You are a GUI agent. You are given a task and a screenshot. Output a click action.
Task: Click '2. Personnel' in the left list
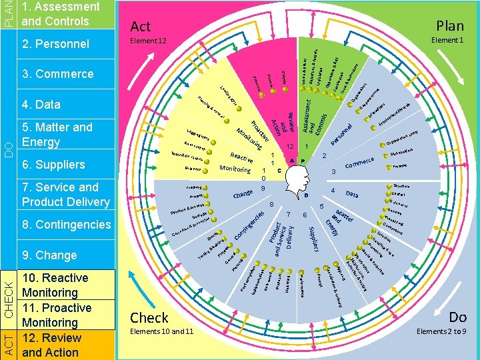click(x=55, y=44)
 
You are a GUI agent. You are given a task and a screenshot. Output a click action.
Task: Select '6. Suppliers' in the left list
click(x=53, y=164)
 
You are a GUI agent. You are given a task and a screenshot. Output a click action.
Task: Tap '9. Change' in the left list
click(x=49, y=255)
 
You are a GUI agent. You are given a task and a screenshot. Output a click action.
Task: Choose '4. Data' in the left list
click(x=41, y=104)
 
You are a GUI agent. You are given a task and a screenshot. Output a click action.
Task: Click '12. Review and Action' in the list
click(x=52, y=344)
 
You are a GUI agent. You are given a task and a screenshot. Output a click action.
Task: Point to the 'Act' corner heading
click(x=141, y=26)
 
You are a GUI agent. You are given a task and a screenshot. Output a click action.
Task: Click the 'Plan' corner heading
click(x=450, y=25)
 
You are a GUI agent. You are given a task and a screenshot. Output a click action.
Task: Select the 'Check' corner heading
click(x=149, y=317)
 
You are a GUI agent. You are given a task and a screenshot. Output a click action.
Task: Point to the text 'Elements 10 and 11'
click(x=162, y=331)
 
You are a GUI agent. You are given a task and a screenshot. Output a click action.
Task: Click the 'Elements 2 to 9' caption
click(x=441, y=331)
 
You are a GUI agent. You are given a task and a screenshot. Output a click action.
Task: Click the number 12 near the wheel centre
click(x=289, y=147)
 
